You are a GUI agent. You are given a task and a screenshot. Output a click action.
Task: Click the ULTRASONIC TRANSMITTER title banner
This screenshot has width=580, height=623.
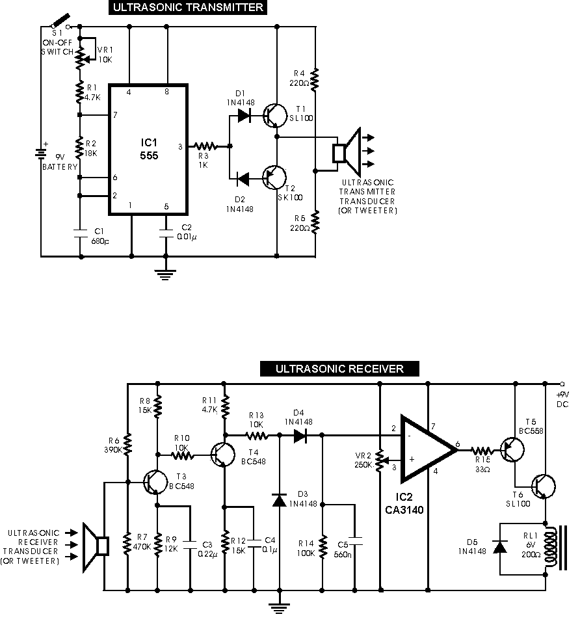click(x=188, y=8)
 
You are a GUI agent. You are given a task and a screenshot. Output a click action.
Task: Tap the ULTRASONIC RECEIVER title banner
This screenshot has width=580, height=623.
click(x=339, y=369)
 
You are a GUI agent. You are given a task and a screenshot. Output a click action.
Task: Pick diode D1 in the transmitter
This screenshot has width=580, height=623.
click(x=244, y=116)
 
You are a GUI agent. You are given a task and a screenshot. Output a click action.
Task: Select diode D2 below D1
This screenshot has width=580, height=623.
click(x=244, y=176)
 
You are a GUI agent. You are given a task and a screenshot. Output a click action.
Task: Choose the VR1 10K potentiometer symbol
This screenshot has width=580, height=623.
click(x=81, y=56)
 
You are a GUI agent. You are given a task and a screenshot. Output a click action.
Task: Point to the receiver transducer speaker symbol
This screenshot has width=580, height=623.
click(x=96, y=546)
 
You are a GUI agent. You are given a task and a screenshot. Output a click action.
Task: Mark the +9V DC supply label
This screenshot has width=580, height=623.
click(x=561, y=399)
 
